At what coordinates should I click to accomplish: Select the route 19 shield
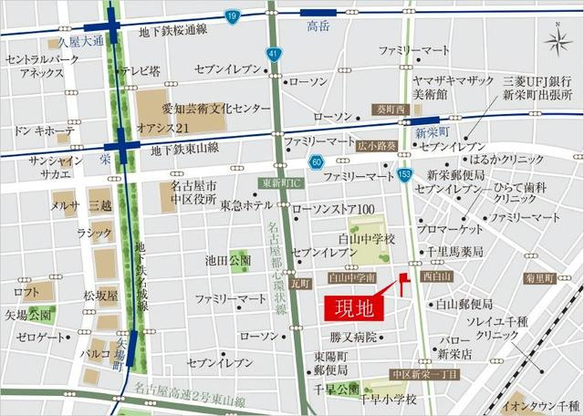232,16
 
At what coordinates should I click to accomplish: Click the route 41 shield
273,56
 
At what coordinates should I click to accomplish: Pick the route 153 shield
405,174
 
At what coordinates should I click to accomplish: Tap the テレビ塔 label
141,70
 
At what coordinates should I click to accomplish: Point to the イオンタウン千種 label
543,405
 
